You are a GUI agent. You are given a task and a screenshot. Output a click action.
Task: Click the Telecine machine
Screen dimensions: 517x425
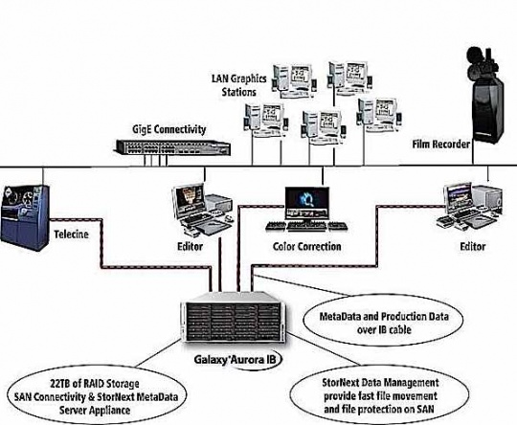(x=24, y=217)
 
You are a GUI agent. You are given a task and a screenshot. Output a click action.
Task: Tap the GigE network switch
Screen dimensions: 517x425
(x=173, y=147)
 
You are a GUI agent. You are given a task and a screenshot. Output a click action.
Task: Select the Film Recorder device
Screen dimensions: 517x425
(x=486, y=96)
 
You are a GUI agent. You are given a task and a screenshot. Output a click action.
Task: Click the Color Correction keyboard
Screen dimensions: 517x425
(x=306, y=226)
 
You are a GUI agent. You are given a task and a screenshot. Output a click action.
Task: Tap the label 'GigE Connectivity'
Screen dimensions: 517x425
(x=169, y=129)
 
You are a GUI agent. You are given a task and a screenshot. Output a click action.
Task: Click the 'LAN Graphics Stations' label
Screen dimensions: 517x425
(x=239, y=85)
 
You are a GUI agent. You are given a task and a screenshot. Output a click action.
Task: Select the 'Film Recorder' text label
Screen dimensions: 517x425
(x=440, y=145)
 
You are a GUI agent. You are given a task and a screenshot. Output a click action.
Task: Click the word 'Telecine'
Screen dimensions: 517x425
(x=71, y=235)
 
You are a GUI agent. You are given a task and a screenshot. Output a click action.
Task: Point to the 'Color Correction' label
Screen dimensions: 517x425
(x=307, y=247)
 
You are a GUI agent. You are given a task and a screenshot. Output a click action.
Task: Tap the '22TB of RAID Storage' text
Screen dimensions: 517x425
(x=95, y=384)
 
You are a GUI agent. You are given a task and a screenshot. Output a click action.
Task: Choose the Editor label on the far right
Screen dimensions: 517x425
(x=473, y=247)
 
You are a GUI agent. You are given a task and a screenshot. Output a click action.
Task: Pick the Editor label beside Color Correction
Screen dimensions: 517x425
(x=190, y=247)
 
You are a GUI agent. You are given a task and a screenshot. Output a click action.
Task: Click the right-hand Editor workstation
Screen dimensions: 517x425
(x=470, y=207)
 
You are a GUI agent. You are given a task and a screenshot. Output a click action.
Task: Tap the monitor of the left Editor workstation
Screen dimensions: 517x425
(x=190, y=201)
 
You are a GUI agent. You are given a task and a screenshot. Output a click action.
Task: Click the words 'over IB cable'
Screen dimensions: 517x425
(x=384, y=329)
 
